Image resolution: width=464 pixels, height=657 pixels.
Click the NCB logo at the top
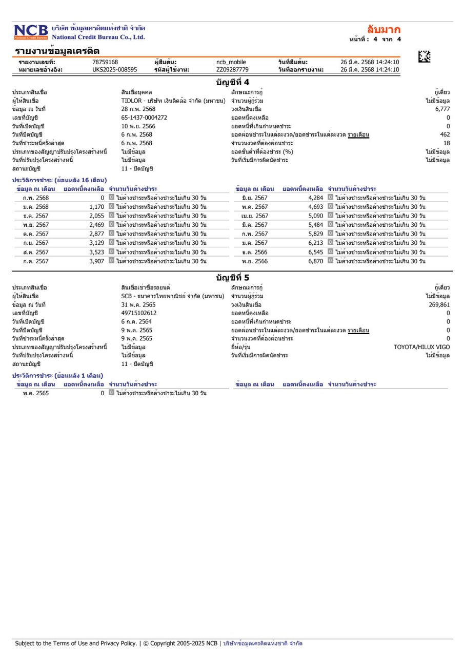pos(31,32)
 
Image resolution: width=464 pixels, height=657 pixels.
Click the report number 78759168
pos(105,63)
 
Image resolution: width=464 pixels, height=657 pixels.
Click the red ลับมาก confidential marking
pos(384,29)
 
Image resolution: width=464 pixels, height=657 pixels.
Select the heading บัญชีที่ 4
pos(232,82)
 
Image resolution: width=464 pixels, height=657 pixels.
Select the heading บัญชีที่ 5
pos(232,278)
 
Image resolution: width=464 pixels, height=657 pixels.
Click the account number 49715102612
pos(139,313)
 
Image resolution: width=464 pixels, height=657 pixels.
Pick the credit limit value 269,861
pos(439,304)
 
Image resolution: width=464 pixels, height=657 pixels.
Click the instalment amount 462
pos(445,134)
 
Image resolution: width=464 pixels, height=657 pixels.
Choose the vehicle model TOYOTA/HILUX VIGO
pos(421,347)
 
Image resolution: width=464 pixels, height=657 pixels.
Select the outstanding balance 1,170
pos(96,207)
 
